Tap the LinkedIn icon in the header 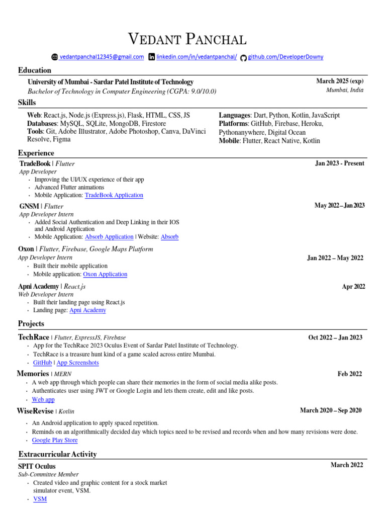point(152,57)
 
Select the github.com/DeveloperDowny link point(285,57)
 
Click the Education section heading point(35,70)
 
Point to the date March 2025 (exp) point(340,81)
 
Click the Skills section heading point(27,103)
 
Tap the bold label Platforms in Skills point(234,123)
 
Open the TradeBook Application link point(114,195)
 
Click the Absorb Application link point(109,236)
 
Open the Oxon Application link point(105,274)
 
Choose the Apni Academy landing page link point(87,310)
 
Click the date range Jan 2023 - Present point(340,163)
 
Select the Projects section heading point(31,323)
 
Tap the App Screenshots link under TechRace point(77,363)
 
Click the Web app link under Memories point(43,399)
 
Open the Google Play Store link point(55,440)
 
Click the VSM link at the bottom point(40,499)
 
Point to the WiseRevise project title point(35,411)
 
